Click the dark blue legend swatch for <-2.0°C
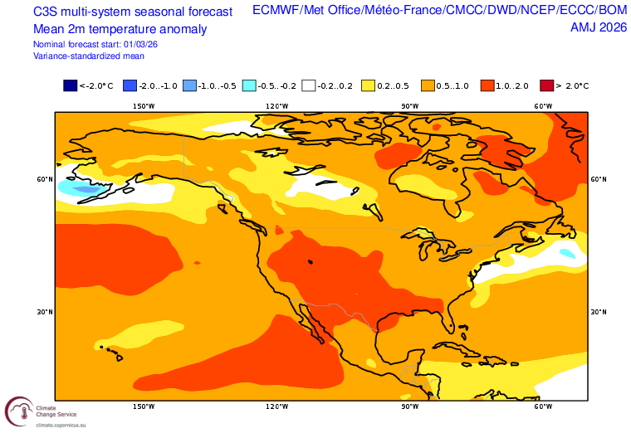pos(70,85)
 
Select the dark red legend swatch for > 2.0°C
pos(546,85)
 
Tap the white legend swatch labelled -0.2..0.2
pos(309,85)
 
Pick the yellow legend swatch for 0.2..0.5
pos(368,85)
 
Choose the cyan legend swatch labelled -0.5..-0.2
pos(249,85)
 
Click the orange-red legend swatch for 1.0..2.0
pos(487,85)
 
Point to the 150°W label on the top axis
pos(144,106)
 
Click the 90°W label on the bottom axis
pos(409,406)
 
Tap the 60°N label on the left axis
pos(44,179)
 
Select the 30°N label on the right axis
pos(598,312)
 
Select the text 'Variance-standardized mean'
pos(89,56)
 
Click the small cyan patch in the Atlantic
pos(568,252)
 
